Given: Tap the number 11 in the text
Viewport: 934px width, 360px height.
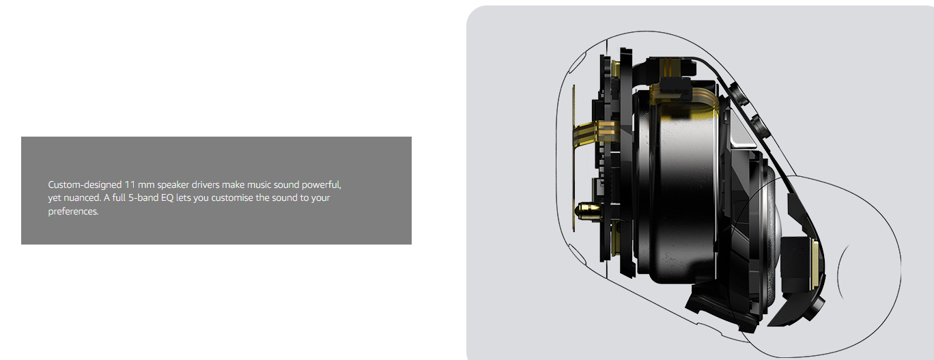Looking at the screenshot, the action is pyautogui.click(x=130, y=184).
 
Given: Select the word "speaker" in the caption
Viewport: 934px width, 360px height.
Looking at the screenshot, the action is pyautogui.click(x=173, y=185).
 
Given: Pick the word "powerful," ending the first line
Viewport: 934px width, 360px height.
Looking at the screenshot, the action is pyautogui.click(x=322, y=185).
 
